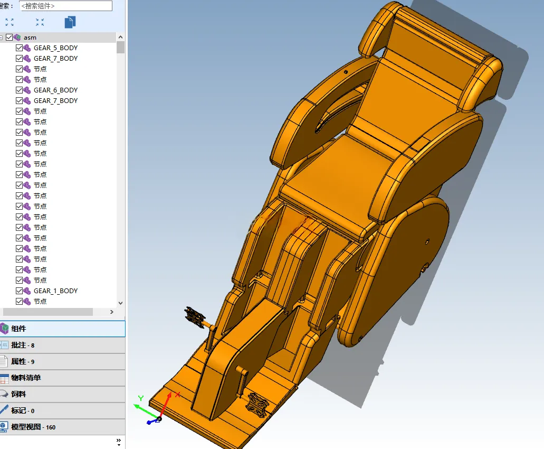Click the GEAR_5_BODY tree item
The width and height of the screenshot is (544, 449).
55,48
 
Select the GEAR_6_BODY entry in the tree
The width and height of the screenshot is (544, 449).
55,90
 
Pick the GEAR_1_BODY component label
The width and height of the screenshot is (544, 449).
55,291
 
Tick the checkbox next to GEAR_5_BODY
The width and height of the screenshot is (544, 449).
19,48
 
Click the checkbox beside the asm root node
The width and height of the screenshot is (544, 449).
9,37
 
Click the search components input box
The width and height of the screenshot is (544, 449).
66,6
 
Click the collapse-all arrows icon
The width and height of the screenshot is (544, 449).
40,22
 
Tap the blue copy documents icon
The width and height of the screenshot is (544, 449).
70,22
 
